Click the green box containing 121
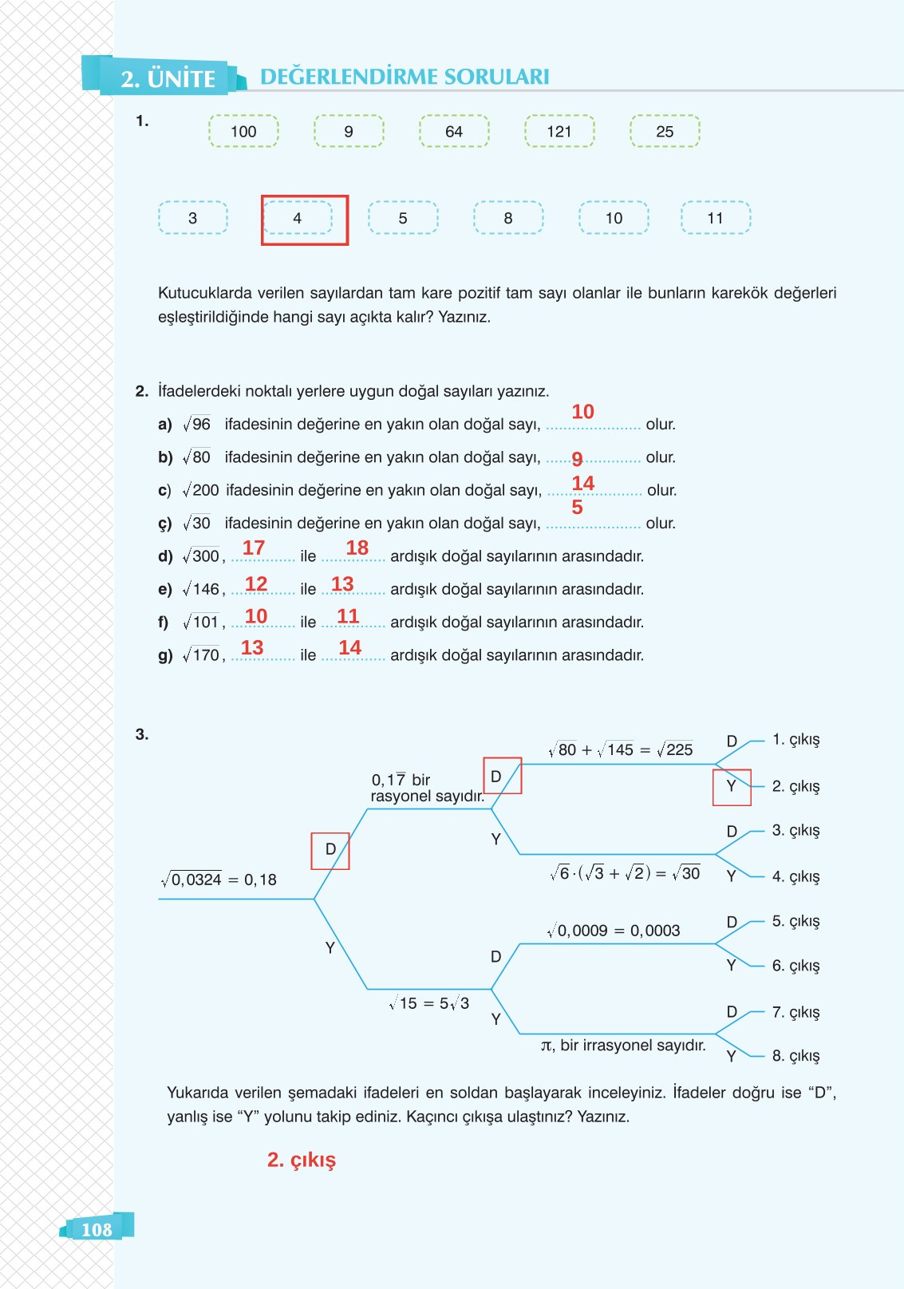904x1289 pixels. pos(559,131)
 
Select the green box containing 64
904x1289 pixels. pos(454,131)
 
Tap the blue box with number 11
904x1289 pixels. pos(716,218)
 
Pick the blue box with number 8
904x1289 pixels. pos(508,218)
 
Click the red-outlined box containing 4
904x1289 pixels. pos(304,219)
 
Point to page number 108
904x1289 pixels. pos(97,1229)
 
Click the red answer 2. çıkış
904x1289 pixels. pos(302,1160)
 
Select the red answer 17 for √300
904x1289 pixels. pos(254,548)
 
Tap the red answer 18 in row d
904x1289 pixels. pos(357,548)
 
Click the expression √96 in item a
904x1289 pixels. pos(197,425)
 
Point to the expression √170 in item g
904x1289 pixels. pos(201,655)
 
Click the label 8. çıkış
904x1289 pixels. pos(795,1056)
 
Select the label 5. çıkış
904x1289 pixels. pos(795,921)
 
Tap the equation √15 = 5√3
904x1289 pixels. pos(429,1003)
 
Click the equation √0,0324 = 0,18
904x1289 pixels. pos(219,880)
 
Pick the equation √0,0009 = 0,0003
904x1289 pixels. pos(614,931)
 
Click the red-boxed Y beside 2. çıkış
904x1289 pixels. pos(732,787)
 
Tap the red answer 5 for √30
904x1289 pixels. pos(577,508)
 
